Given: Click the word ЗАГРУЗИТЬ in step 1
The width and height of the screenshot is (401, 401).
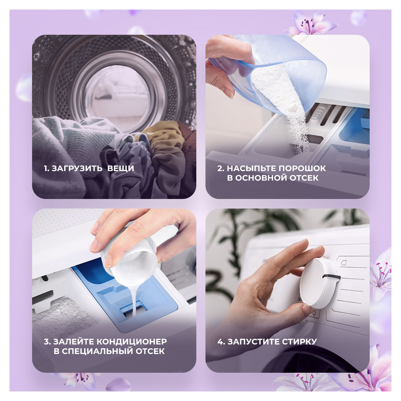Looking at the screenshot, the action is coord(77,168).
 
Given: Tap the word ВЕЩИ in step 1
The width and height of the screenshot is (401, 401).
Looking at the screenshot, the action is coord(121,168).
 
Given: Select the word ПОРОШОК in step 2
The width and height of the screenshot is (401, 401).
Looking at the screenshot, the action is coord(302,168).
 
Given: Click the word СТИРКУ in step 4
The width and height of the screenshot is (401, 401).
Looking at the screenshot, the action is coord(299,341).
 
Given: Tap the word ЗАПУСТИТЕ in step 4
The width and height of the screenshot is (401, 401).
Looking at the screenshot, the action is coord(254,341).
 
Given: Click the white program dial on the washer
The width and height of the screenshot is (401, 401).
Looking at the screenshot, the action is coord(320,283).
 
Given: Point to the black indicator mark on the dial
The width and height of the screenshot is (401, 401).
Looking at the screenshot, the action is coord(331,276).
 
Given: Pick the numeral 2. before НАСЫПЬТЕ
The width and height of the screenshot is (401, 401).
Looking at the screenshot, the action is coord(221,168).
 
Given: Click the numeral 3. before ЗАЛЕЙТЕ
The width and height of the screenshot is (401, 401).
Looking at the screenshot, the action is coord(47,341).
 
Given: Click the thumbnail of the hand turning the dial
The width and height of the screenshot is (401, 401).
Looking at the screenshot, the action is coord(288,290).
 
